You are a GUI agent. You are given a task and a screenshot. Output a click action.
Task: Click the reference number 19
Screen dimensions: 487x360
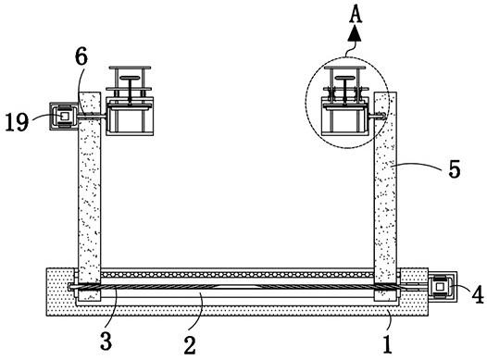click(17, 121)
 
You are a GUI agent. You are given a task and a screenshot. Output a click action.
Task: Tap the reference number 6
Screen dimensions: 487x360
click(81, 56)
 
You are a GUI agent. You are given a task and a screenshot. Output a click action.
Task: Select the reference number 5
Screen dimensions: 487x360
click(454, 169)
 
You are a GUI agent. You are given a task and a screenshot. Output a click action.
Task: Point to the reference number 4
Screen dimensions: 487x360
click(478, 294)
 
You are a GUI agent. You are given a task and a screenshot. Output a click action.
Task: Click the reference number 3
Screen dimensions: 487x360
click(106, 341)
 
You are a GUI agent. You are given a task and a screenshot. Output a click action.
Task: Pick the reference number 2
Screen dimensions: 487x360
click(190, 345)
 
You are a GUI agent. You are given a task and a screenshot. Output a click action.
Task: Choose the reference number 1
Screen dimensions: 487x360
click(387, 344)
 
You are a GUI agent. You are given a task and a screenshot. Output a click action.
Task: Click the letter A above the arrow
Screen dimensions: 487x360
click(356, 15)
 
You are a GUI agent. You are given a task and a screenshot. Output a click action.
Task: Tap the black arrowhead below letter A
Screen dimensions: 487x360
click(355, 34)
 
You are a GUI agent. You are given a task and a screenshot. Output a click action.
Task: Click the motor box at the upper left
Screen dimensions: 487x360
click(64, 116)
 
